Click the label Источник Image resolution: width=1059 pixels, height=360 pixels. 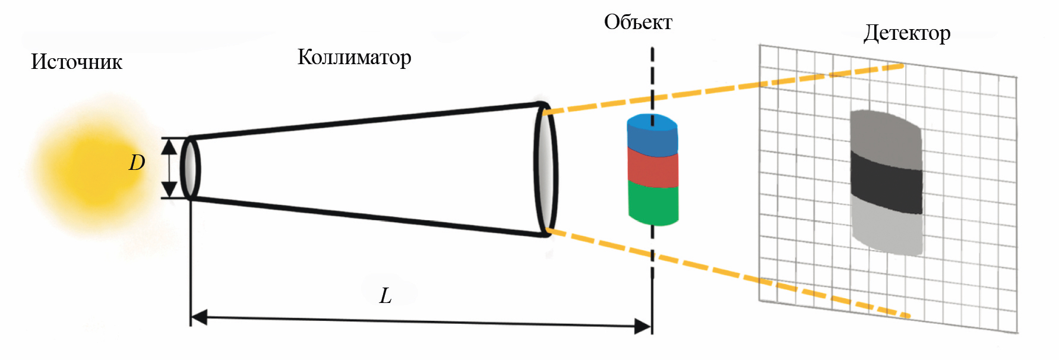77,62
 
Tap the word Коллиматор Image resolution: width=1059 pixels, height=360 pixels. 354,57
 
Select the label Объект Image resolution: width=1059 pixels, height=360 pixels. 638,23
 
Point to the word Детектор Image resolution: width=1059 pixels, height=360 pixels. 906,33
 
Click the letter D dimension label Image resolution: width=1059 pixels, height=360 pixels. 137,163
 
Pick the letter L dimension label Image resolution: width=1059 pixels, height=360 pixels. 385,295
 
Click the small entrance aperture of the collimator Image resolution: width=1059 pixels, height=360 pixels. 190,168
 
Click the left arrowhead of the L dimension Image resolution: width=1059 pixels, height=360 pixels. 199,317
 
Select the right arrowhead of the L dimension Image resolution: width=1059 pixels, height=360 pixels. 643,326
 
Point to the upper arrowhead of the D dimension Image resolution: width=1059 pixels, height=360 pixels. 169,146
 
